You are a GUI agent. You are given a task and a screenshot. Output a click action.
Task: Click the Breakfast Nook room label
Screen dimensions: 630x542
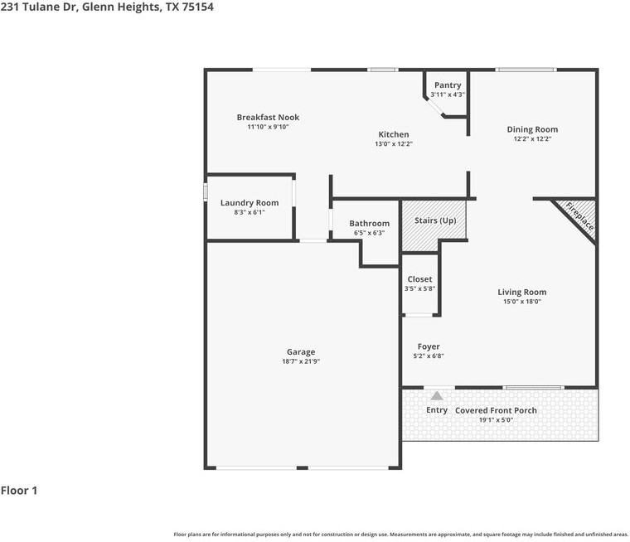268,118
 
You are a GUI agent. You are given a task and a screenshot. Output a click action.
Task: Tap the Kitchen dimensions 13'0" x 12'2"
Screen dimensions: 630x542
394,144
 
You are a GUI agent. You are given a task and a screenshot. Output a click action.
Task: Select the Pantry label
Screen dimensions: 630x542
448,85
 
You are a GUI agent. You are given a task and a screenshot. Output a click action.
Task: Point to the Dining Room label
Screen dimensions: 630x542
532,129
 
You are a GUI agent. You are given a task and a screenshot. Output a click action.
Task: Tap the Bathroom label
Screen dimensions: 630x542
369,224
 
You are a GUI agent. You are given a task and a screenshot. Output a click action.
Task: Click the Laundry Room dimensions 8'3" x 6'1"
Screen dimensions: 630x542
250,212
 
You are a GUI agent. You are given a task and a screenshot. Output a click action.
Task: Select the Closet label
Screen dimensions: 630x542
420,278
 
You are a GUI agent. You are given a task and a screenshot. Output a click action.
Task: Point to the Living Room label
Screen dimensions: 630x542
522,292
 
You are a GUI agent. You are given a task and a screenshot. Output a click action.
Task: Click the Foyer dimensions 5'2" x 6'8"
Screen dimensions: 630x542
429,356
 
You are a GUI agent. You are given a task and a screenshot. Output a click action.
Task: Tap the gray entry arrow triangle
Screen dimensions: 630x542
437,396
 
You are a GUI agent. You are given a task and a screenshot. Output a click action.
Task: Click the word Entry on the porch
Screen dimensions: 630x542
437,409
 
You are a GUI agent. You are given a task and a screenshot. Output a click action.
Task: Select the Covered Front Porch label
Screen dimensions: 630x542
496,410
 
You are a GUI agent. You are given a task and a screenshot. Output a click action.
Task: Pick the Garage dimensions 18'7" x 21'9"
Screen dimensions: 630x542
301,361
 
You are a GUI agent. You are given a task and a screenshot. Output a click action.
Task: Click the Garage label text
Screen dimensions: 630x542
301,352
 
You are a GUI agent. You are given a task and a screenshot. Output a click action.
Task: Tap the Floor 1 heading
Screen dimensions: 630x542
19,491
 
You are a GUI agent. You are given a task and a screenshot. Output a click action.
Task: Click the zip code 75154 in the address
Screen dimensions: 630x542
197,7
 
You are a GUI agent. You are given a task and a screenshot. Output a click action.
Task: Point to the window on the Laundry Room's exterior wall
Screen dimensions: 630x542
206,191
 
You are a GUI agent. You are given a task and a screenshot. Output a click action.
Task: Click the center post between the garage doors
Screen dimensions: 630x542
302,467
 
